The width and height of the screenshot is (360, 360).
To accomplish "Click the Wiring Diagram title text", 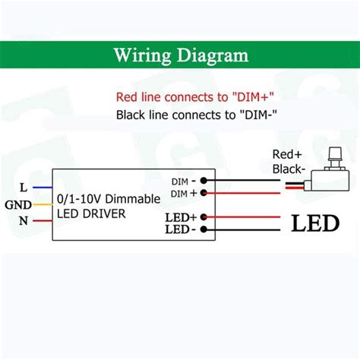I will (x=180, y=55).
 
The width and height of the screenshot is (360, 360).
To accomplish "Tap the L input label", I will (x=24, y=186).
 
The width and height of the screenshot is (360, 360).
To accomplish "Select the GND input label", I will (x=17, y=204).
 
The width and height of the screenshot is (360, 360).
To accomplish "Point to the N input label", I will (x=24, y=222).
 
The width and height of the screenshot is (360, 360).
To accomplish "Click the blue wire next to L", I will (x=42, y=186).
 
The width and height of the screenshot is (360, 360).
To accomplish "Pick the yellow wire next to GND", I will (x=42, y=204).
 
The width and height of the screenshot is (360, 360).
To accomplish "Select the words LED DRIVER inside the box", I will (x=91, y=213).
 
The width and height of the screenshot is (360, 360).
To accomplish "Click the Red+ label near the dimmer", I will (x=289, y=154).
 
